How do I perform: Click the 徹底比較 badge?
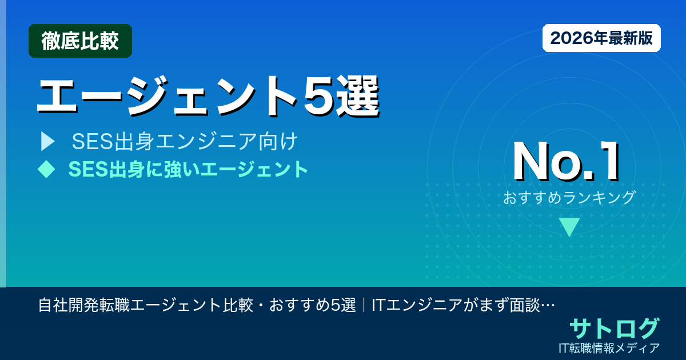tap(80, 41)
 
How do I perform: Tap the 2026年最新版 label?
tap(601, 38)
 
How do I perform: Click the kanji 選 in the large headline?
tap(359, 95)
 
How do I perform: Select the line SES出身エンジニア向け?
tap(185, 141)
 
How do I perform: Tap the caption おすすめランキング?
tap(569, 198)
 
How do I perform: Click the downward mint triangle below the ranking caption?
tap(569, 227)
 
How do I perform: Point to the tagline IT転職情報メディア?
tap(610, 347)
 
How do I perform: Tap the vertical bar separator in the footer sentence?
tap(364, 305)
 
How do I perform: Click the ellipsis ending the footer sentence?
tap(548, 305)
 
